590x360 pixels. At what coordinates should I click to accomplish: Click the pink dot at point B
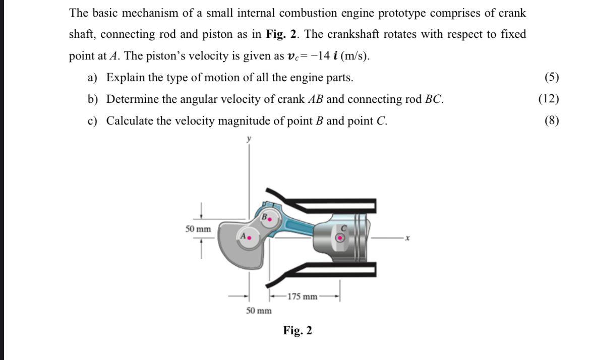tap(270, 219)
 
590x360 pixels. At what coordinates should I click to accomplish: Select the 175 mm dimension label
tap(303, 296)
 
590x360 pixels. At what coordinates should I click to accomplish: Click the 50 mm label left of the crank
tap(198, 229)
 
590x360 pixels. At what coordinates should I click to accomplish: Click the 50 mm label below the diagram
tap(259, 311)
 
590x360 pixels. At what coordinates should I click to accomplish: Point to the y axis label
tap(249, 138)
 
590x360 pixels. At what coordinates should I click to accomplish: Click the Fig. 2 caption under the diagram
tap(298, 331)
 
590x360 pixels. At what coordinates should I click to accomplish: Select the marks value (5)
tap(552, 77)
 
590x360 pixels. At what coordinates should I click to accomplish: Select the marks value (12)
tap(549, 99)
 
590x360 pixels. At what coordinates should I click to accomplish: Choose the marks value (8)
tap(552, 121)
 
